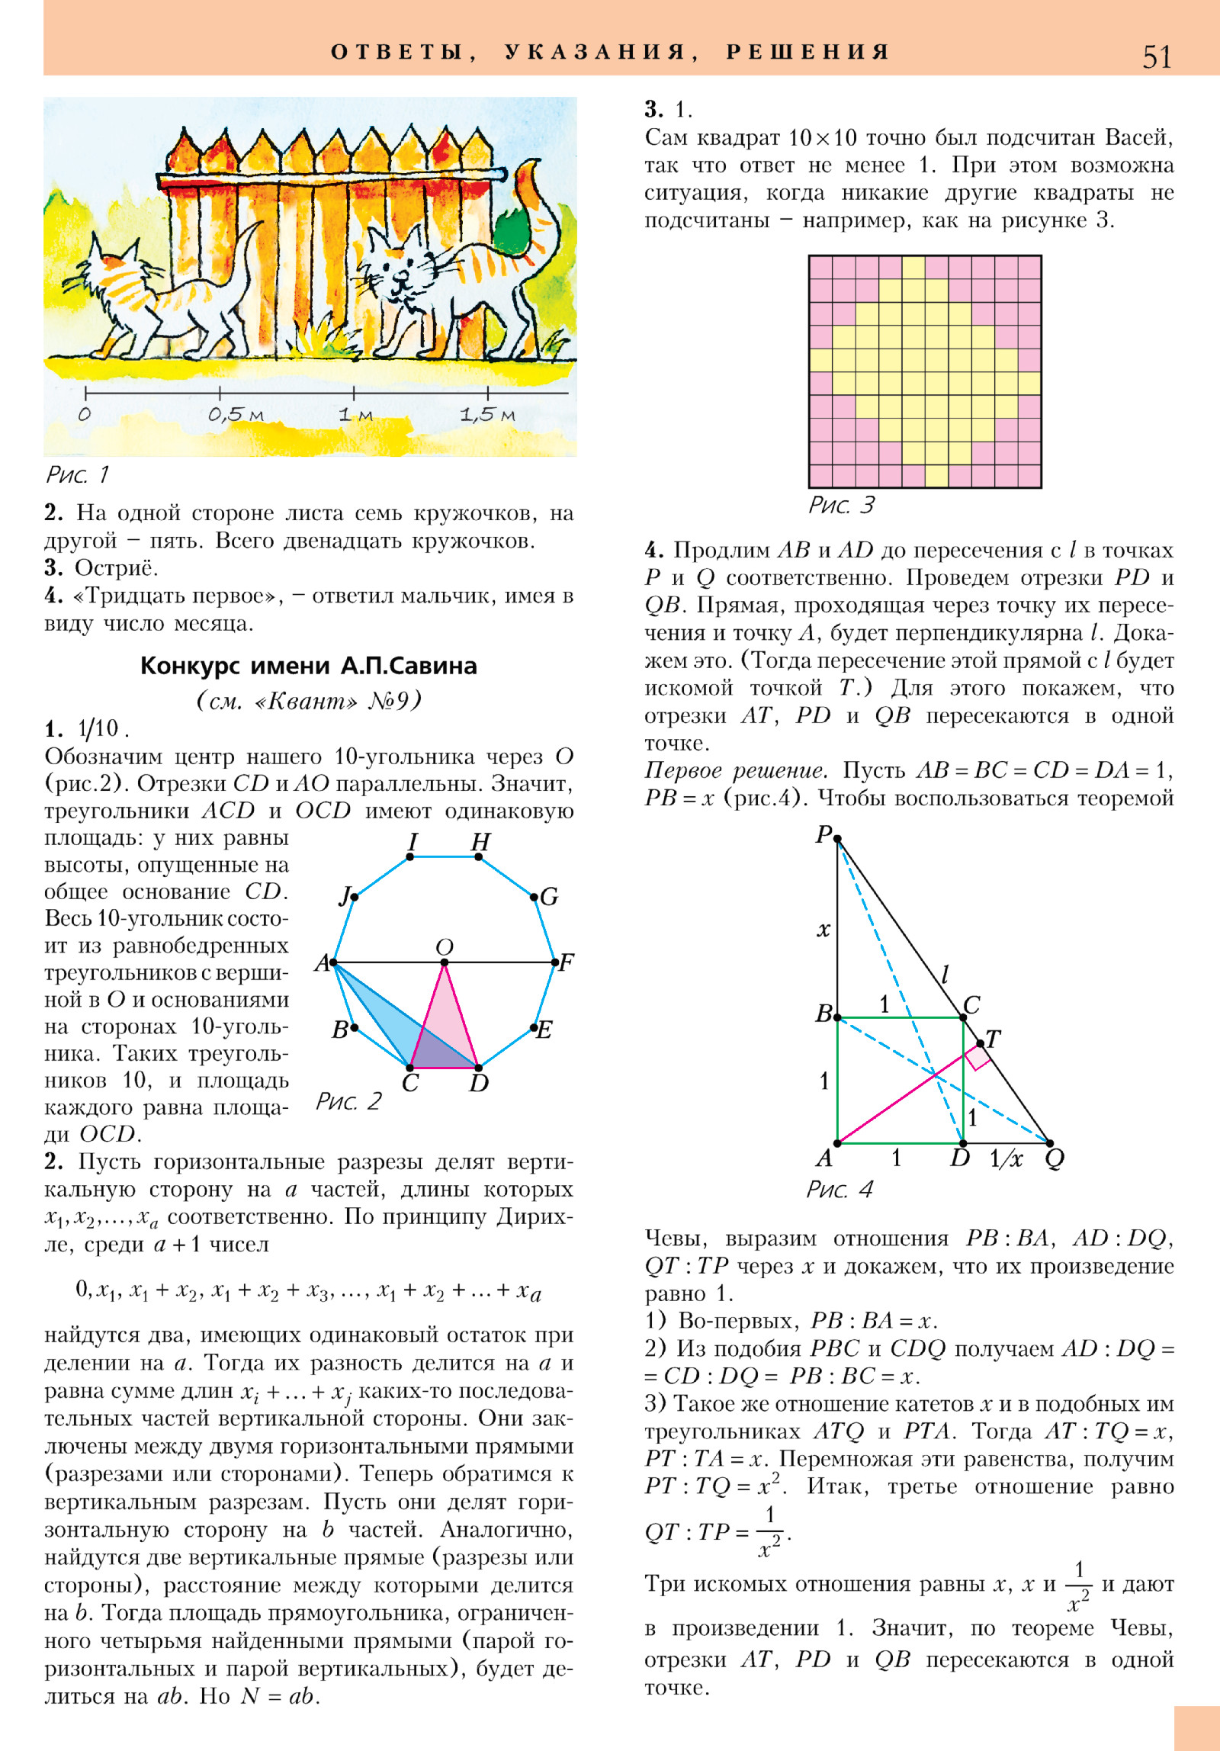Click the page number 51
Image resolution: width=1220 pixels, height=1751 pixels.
[x=1156, y=57]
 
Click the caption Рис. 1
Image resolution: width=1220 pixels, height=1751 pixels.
[x=77, y=475]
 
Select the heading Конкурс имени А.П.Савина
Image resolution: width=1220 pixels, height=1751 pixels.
[x=308, y=666]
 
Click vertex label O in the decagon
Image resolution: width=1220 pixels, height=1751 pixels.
[x=445, y=947]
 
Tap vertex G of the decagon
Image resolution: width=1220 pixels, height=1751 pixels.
[x=535, y=897]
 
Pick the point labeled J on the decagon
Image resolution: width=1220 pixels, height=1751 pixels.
[x=354, y=897]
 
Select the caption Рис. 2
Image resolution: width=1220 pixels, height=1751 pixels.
[x=348, y=1101]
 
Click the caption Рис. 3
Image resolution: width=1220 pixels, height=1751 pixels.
[x=842, y=505]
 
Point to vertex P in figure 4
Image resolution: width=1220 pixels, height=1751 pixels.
[x=837, y=839]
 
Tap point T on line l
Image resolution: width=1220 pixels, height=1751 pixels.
[x=981, y=1043]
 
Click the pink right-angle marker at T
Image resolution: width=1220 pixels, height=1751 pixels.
[x=978, y=1058]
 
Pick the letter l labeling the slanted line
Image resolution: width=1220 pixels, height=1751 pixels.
[x=945, y=974]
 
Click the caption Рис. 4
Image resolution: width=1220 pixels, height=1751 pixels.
[x=840, y=1190]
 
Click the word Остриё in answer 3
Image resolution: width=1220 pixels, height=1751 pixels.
[x=117, y=568]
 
